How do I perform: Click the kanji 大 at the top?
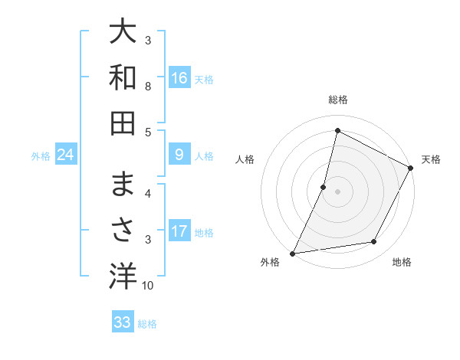pyautogui.click(x=123, y=33)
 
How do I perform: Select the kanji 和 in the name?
pyautogui.click(x=123, y=77)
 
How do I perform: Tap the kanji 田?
pyautogui.click(x=123, y=123)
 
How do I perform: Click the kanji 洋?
pyautogui.click(x=123, y=277)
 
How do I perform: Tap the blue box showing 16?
pyautogui.click(x=179, y=77)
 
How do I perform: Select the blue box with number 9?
pyautogui.click(x=179, y=155)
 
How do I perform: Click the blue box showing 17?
pyautogui.click(x=179, y=231)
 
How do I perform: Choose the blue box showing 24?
pyautogui.click(x=66, y=155)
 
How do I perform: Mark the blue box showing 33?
pyautogui.click(x=122, y=322)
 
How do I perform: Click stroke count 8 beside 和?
pyautogui.click(x=148, y=86)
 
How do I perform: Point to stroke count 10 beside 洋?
pyautogui.click(x=148, y=286)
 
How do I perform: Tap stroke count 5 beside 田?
pyautogui.click(x=148, y=132)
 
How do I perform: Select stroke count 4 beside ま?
pyautogui.click(x=148, y=194)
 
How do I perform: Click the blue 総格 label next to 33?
pyautogui.click(x=147, y=324)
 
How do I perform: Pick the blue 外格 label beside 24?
pyautogui.click(x=41, y=156)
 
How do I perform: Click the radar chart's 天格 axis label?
pyautogui.click(x=431, y=159)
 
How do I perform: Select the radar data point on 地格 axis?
pyautogui.click(x=374, y=242)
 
